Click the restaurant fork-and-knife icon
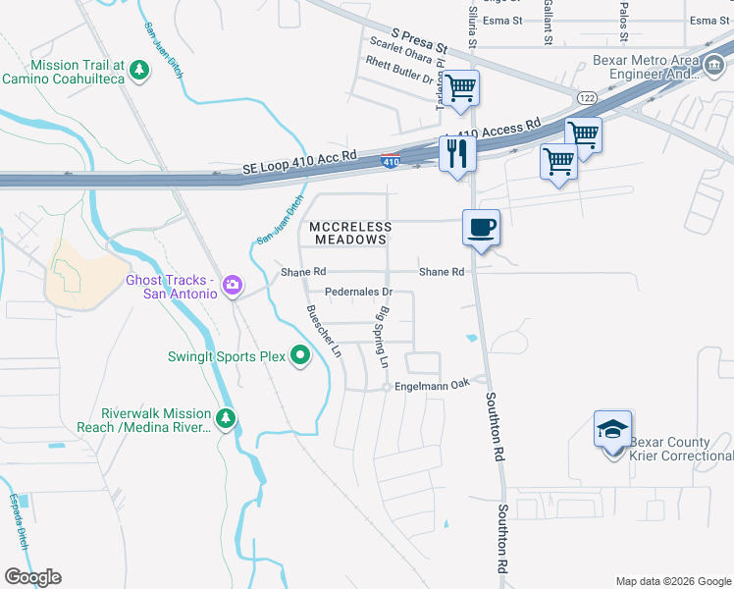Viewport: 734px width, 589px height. (x=458, y=153)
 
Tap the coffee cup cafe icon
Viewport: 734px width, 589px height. (x=481, y=228)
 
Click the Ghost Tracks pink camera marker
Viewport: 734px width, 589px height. (x=233, y=286)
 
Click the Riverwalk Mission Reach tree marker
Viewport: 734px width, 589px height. (x=227, y=419)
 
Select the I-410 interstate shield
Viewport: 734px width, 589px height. (x=391, y=161)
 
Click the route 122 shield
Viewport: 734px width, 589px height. (x=588, y=98)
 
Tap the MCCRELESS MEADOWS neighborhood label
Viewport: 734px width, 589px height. (x=350, y=233)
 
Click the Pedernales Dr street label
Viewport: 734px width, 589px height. (x=359, y=292)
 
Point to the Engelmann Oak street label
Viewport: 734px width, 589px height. (x=433, y=384)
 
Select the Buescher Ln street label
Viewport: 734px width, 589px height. (x=324, y=331)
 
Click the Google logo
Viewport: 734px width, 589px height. (x=32, y=577)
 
